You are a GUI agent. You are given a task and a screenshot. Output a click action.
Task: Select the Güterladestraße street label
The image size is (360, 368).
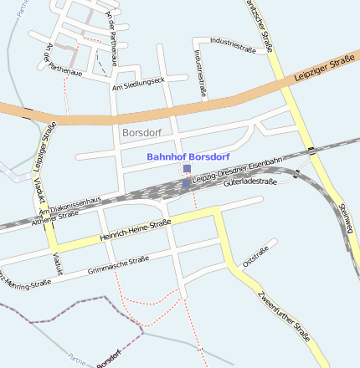[250, 181]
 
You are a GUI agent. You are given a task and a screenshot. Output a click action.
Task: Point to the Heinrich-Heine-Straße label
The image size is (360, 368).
[135, 232]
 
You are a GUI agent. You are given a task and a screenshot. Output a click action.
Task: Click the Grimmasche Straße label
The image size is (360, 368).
[118, 265]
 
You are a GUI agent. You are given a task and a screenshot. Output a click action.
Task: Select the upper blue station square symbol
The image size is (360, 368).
[186, 170]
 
